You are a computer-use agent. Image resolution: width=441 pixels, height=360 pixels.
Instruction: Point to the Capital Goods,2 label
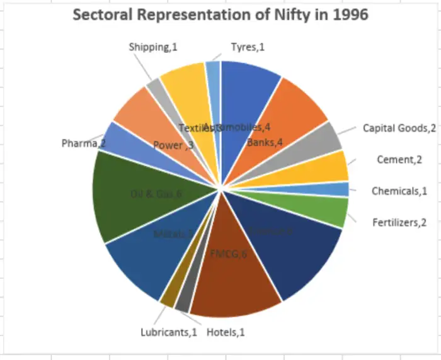tap(399, 128)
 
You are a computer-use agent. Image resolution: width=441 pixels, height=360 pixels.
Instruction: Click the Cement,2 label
tap(399, 159)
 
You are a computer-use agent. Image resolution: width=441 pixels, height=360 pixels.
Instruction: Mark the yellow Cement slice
tap(331, 167)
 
